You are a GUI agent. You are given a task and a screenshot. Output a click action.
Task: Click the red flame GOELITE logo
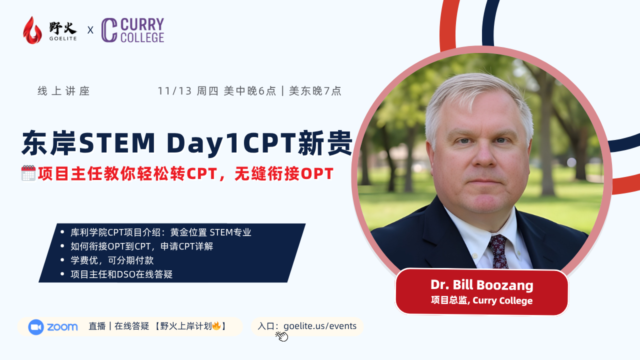click(32, 30)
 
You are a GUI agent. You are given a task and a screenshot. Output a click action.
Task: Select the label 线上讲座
click(63, 91)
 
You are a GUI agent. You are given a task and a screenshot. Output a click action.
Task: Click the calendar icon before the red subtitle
click(28, 173)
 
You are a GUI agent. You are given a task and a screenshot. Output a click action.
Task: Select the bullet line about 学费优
click(112, 260)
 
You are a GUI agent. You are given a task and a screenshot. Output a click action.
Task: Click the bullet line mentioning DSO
click(121, 274)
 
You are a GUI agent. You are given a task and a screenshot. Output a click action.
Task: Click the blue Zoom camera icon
click(36, 327)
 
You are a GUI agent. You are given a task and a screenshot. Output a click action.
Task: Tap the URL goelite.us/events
click(320, 326)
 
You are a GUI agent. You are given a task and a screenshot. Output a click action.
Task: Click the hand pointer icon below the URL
click(282, 336)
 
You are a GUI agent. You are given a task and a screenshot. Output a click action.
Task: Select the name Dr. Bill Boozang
click(481, 285)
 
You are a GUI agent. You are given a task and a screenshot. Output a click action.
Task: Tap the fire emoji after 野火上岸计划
click(216, 326)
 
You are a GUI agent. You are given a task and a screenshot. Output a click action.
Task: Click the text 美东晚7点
click(315, 91)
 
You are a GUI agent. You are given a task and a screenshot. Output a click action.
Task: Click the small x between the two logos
click(90, 30)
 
